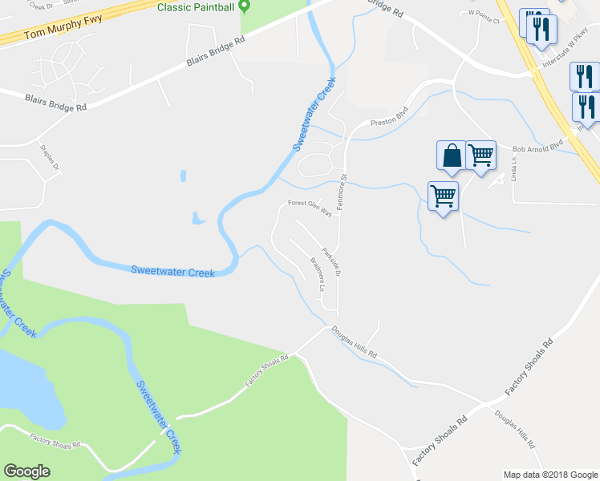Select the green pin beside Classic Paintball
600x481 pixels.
247,6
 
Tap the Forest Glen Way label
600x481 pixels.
310,208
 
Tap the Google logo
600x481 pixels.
26,471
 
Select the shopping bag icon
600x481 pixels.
452,155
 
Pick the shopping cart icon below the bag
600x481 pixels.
443,196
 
